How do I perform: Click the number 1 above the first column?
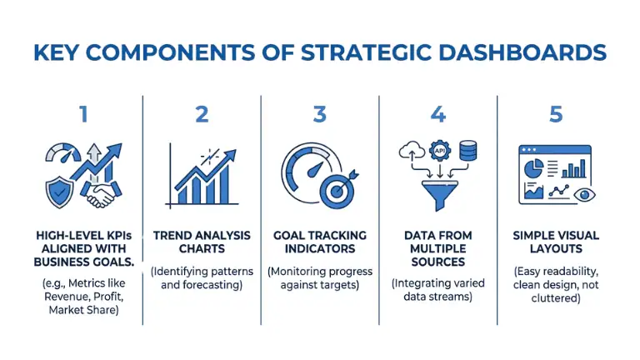point(82,114)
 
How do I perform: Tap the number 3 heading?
point(319,114)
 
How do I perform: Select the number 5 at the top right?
point(556,114)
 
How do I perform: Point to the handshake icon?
point(102,195)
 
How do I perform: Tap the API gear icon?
point(439,150)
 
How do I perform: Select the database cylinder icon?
point(467,152)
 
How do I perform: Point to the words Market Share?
point(82,311)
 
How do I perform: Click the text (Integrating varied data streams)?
point(438,290)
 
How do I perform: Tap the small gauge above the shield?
point(61,155)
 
